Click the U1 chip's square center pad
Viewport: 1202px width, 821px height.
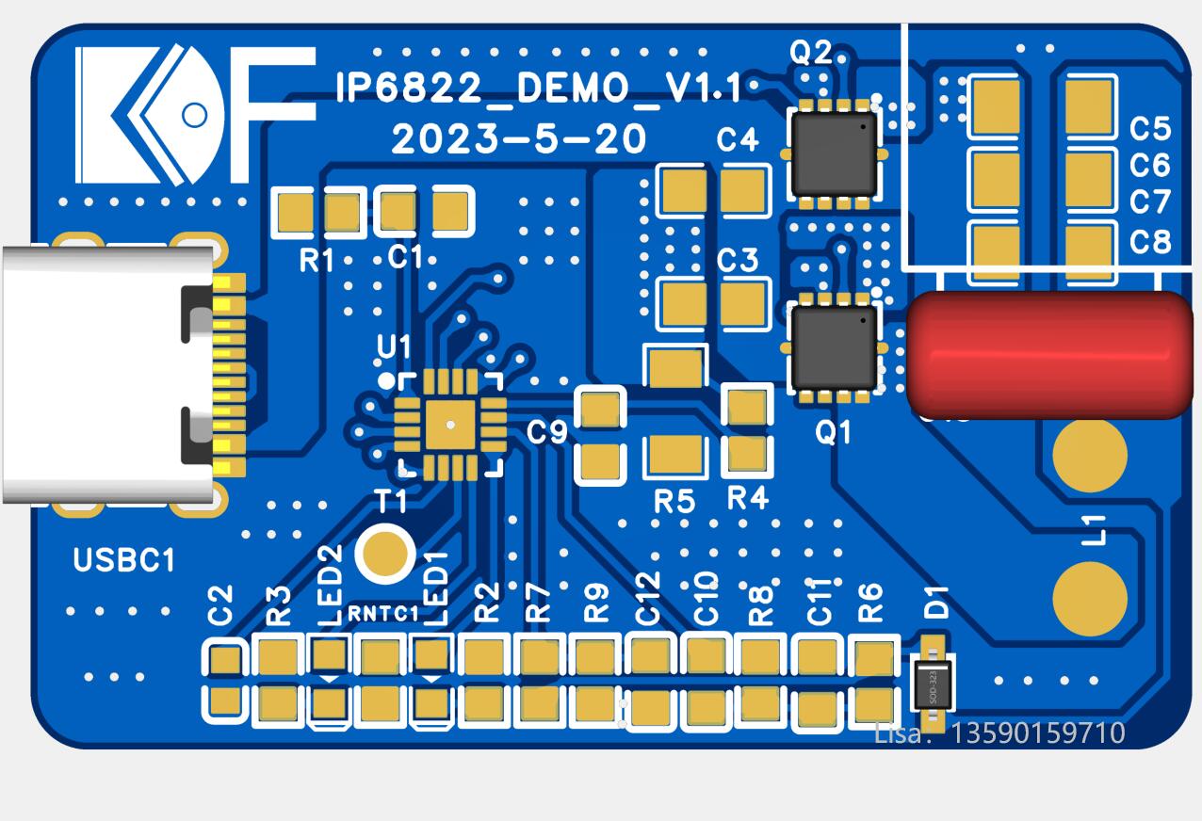tap(449, 425)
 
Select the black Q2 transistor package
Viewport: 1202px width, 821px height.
tap(834, 152)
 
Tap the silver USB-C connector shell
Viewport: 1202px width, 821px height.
tap(94, 374)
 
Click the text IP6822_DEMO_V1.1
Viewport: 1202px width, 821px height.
tap(539, 89)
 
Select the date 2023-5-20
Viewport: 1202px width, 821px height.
tap(519, 140)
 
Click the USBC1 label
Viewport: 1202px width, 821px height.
tap(124, 561)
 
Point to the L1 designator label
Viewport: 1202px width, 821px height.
tap(1095, 530)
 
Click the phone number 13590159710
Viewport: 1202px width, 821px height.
tap(1039, 732)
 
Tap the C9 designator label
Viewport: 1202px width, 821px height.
tap(547, 432)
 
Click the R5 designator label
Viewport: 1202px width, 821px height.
tap(674, 502)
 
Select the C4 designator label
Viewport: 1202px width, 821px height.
tap(737, 140)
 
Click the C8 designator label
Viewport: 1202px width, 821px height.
tap(1149, 242)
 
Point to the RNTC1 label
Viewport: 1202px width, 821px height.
tap(382, 615)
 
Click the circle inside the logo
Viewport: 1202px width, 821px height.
tap(193, 115)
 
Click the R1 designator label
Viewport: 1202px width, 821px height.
tap(317, 261)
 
